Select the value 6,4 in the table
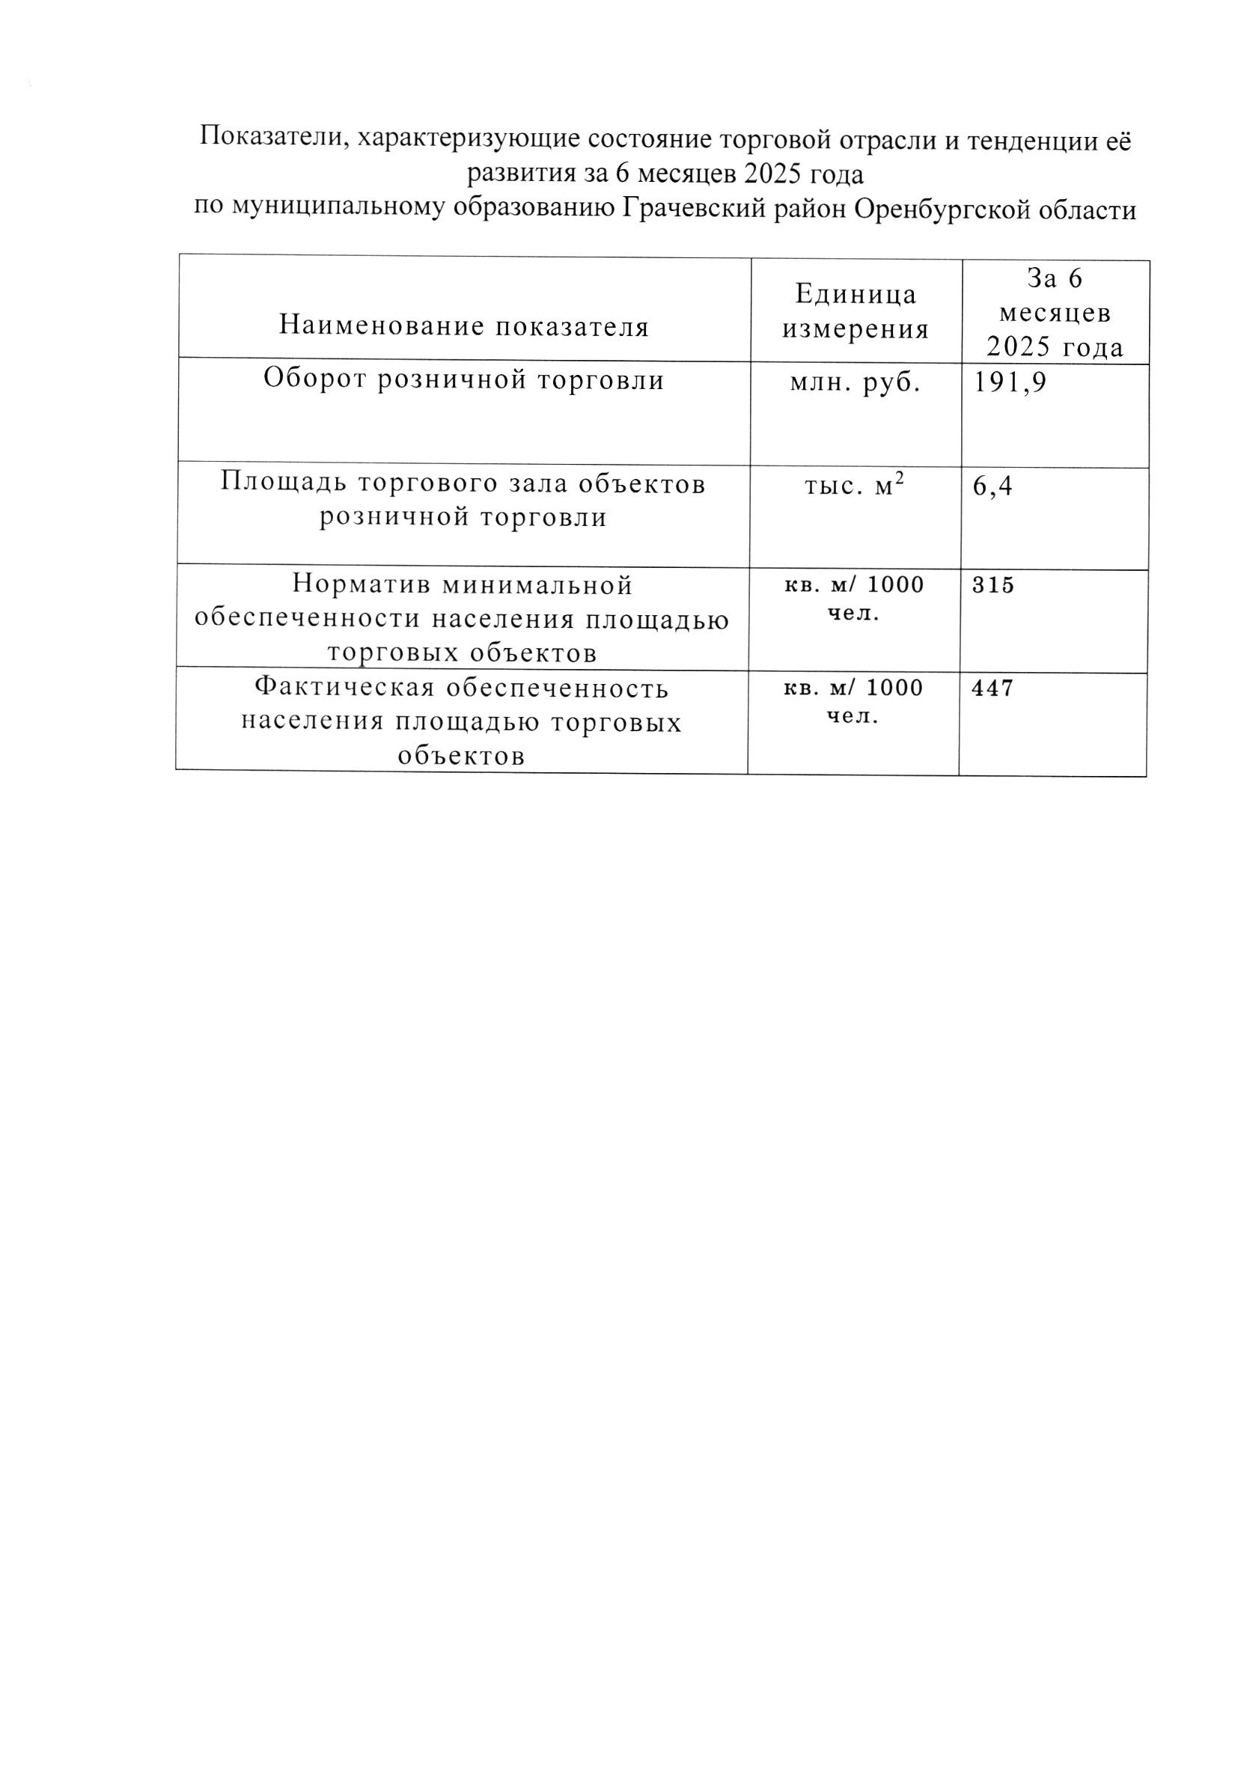[992, 486]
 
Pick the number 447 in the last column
[993, 688]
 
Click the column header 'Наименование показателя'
[464, 326]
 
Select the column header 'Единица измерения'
[856, 311]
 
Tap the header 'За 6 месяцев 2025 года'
[1055, 313]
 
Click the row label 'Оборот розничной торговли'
[464, 380]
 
